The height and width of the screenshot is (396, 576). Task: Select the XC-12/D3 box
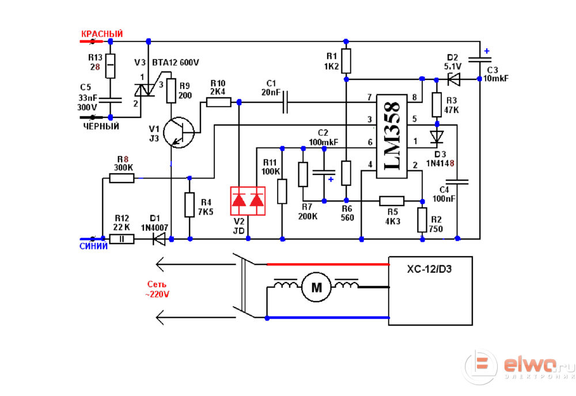tap(430, 291)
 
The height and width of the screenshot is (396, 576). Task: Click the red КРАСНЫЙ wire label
tap(102, 35)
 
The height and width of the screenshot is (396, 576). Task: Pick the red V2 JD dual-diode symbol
tap(247, 201)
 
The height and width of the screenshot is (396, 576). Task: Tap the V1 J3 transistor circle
tap(179, 132)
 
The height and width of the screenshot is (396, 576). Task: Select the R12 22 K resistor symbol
tap(122, 238)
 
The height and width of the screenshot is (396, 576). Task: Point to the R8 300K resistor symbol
tap(122, 178)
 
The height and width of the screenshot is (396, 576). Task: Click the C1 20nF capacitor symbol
tap(284, 102)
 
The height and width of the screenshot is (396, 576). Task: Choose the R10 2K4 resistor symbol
tap(218, 102)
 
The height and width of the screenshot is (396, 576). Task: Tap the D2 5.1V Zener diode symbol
tap(454, 78)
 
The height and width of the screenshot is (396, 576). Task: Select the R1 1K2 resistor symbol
tap(346, 60)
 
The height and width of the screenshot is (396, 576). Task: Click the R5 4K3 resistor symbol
tap(392, 200)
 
